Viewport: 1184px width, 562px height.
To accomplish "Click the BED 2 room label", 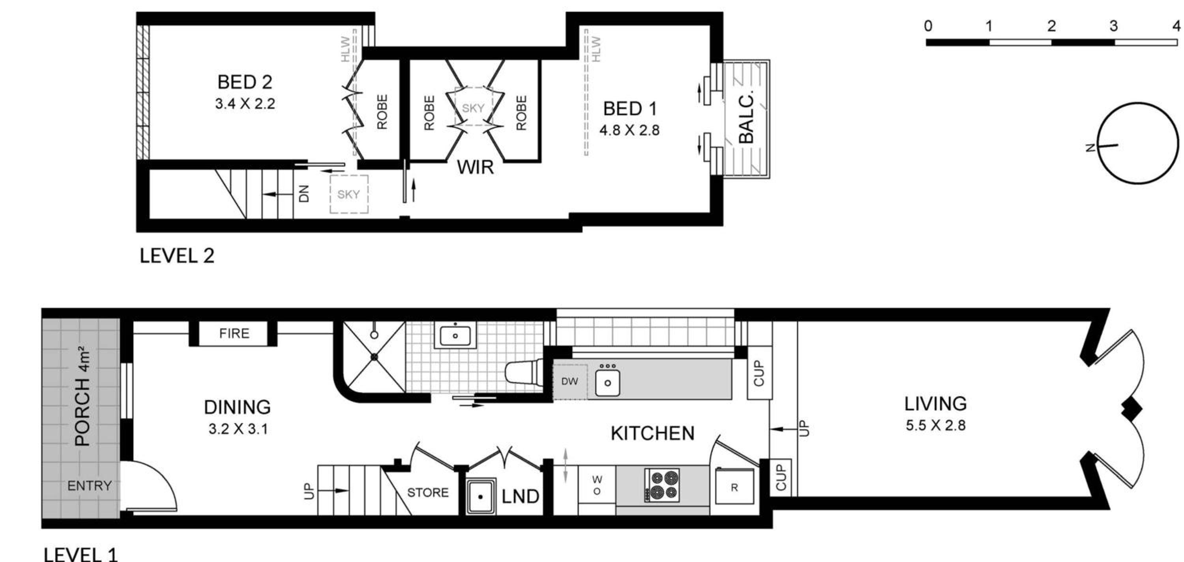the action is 245,82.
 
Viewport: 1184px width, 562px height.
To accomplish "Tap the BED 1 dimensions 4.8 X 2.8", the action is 629,131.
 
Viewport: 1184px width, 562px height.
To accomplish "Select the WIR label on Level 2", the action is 475,168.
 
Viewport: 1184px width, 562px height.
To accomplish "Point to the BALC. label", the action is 746,118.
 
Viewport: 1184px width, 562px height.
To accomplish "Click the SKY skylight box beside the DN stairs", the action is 349,194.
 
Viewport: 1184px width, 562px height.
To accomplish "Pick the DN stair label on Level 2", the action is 304,194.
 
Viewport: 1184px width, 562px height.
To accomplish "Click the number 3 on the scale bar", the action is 1113,26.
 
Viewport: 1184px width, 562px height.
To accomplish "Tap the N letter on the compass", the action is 1089,148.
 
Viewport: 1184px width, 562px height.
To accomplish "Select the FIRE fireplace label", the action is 234,333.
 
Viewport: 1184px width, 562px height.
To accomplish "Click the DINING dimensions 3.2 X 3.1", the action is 238,429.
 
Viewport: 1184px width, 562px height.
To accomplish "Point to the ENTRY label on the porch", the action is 89,486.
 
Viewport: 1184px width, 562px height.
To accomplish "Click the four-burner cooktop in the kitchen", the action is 662,485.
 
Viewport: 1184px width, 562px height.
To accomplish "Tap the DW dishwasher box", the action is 570,381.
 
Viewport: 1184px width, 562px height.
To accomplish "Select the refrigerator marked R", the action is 734,487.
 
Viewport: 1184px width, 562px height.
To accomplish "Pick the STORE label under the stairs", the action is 428,493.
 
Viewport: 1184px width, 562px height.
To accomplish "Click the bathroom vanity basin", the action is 455,335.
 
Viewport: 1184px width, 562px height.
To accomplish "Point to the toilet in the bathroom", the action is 524,372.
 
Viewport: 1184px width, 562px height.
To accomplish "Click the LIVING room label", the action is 935,404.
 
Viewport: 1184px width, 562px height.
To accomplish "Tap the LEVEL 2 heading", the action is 177,256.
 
